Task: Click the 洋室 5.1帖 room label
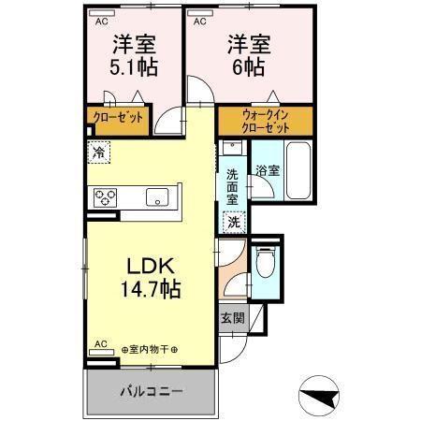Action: pyautogui.click(x=134, y=55)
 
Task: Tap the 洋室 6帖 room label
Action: pyautogui.click(x=246, y=55)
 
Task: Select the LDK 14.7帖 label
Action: pyautogui.click(x=144, y=277)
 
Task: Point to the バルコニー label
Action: pyautogui.click(x=151, y=391)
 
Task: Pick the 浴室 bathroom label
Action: pyautogui.click(x=269, y=170)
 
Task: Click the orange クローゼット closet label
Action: pyautogui.click(x=117, y=119)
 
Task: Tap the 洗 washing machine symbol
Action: pyautogui.click(x=234, y=224)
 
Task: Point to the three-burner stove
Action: pyautogui.click(x=105, y=196)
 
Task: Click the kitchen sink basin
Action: pyautogui.click(x=156, y=196)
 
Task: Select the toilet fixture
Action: pyautogui.click(x=265, y=264)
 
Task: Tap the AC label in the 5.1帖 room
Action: pyautogui.click(x=100, y=19)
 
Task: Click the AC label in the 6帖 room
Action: pyautogui.click(x=199, y=19)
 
